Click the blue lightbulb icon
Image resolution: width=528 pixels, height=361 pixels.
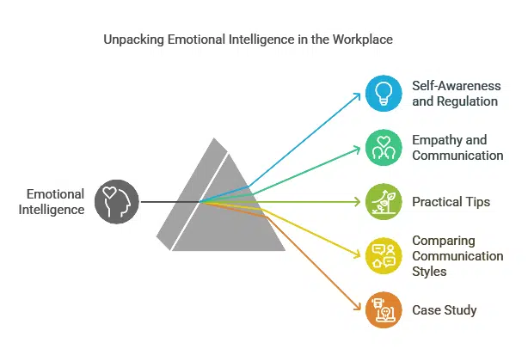(x=383, y=94)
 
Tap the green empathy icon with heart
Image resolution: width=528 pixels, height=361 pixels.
(x=383, y=148)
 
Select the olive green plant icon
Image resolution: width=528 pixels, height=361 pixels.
(x=383, y=202)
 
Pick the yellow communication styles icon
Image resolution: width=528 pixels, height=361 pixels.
(x=383, y=255)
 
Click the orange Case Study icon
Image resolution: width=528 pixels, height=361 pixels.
(x=383, y=309)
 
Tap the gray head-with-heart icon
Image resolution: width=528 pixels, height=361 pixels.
(x=116, y=202)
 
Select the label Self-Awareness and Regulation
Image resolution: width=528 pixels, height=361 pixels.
(x=455, y=94)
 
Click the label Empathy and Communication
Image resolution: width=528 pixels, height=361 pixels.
(x=457, y=148)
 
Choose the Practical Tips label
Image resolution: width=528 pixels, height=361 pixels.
(x=451, y=202)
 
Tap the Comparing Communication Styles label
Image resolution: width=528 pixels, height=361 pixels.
(x=457, y=256)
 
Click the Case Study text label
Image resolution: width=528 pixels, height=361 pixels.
(x=445, y=310)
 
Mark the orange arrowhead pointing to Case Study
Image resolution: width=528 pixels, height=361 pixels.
(x=355, y=308)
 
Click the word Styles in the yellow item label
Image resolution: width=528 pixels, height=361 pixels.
(x=431, y=272)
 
